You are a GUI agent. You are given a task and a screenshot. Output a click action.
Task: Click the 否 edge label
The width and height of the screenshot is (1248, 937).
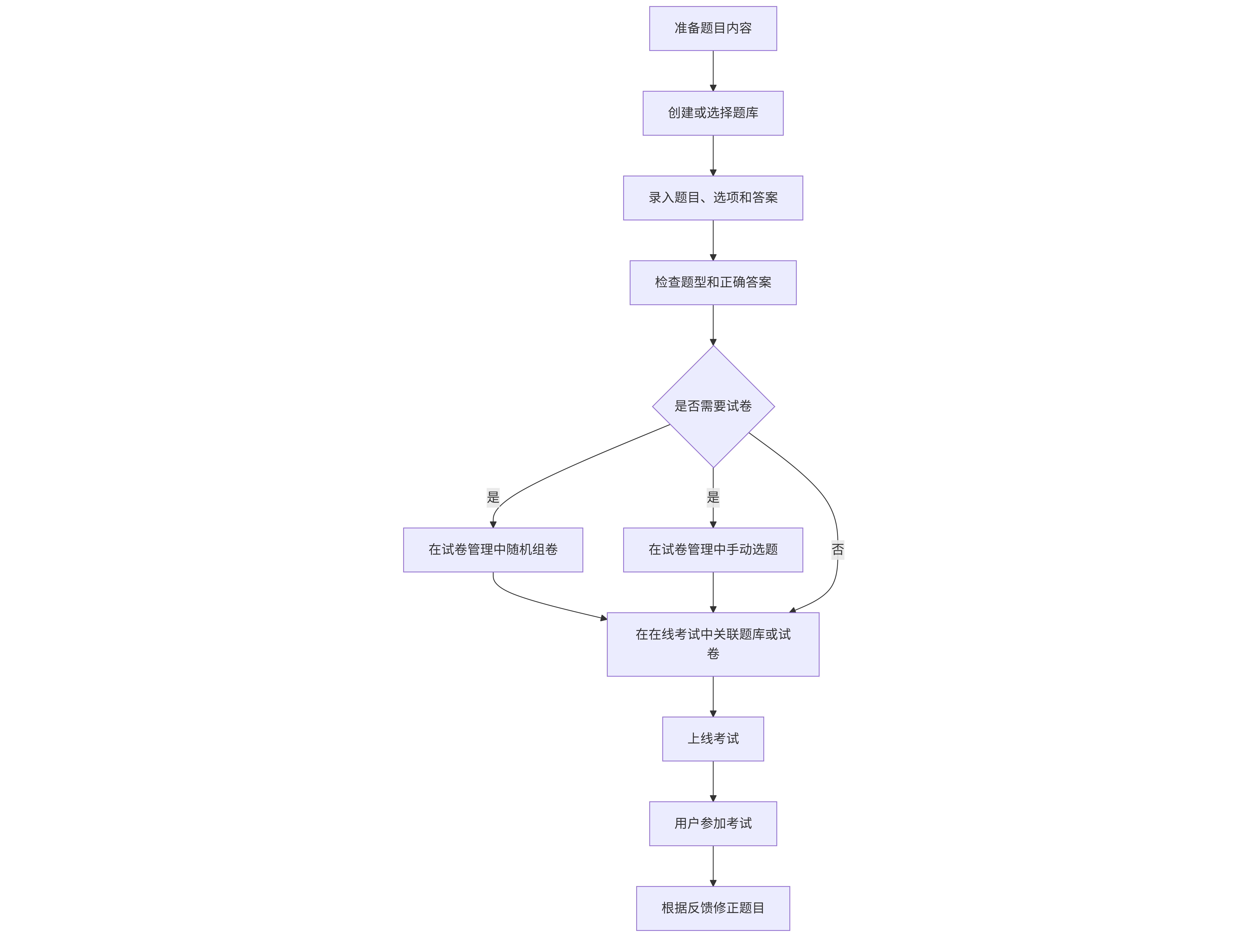[838, 549]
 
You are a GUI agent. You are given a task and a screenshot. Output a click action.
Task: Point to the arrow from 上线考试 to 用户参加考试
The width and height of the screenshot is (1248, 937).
[713, 781]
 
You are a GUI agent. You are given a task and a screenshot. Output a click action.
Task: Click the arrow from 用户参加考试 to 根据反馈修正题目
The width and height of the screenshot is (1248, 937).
[713, 866]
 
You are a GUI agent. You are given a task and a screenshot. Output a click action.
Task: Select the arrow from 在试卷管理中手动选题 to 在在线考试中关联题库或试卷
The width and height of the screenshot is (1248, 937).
[713, 592]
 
